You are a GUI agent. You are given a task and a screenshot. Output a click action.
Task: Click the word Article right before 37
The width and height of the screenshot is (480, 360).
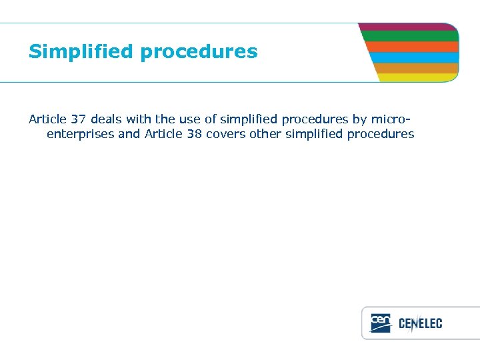pos(47,119)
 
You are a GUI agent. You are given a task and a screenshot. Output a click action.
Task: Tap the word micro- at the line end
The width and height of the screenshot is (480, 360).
pos(390,119)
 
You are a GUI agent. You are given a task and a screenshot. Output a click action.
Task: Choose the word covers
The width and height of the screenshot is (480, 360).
pos(233,134)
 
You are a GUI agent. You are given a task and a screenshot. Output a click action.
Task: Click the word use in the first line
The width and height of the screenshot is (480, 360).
pos(190,119)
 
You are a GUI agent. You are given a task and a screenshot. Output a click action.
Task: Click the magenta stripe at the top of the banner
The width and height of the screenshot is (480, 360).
pos(408,27)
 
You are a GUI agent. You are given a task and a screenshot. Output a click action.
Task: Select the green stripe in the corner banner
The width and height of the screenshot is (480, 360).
pos(410,36)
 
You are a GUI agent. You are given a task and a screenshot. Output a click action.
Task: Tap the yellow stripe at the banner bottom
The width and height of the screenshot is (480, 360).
pos(418,77)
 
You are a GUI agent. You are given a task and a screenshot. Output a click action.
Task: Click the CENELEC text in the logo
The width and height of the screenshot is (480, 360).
pos(420,324)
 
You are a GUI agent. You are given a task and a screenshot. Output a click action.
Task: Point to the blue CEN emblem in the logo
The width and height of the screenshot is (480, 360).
pos(381,323)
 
